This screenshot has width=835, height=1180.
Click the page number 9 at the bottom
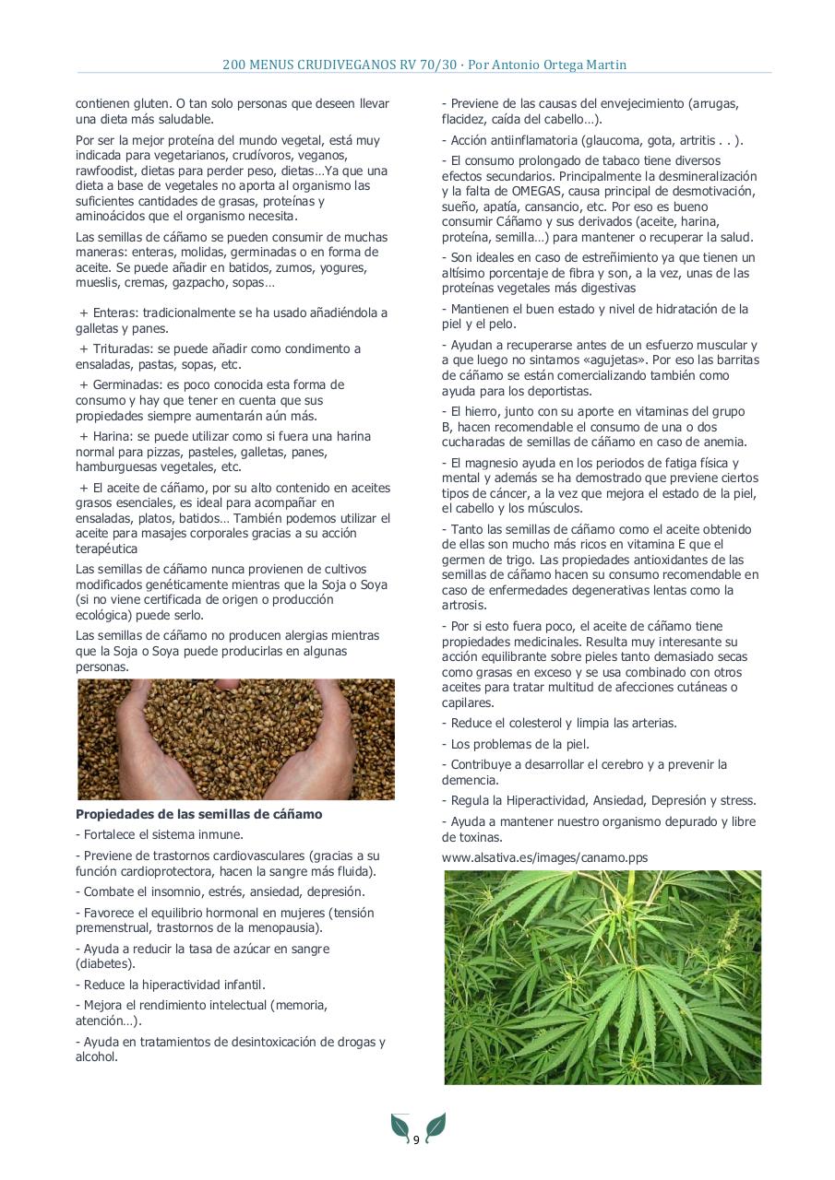[416, 1140]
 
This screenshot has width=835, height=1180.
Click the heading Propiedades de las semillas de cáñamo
[198, 814]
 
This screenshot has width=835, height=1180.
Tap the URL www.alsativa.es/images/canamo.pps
[544, 856]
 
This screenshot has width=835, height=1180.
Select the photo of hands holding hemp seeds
[235, 739]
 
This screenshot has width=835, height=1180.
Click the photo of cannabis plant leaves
[602, 977]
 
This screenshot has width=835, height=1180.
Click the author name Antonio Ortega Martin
[564, 65]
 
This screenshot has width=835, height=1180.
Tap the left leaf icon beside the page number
[400, 1126]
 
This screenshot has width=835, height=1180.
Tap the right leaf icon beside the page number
[435, 1126]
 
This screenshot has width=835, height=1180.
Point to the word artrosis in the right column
[463, 605]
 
